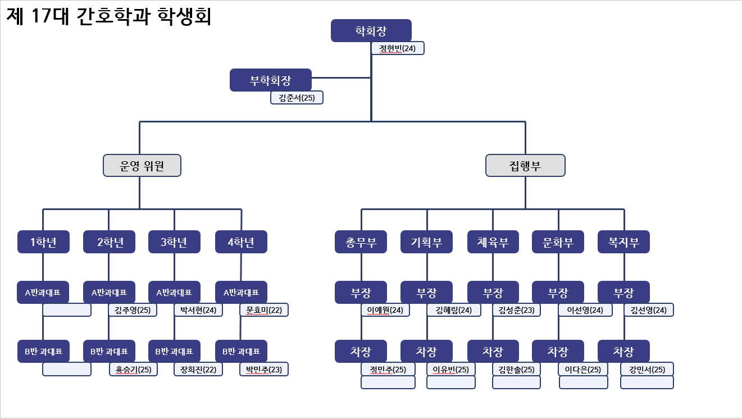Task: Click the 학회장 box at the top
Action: pyautogui.click(x=371, y=30)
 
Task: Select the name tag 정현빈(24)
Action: pyautogui.click(x=398, y=48)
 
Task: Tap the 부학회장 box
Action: pyautogui.click(x=270, y=80)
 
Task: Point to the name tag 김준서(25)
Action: pyautogui.click(x=297, y=98)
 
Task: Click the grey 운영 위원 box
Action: pyautogui.click(x=142, y=166)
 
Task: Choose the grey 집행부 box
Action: pyautogui.click(x=525, y=166)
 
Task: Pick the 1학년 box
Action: pyautogui.click(x=43, y=242)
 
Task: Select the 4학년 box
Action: pyautogui.click(x=241, y=242)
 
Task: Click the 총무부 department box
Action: pyautogui.click(x=361, y=242)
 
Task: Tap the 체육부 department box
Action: pyautogui.click(x=493, y=242)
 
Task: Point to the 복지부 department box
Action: pyautogui.click(x=623, y=242)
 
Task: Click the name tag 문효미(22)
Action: pyautogui.click(x=264, y=310)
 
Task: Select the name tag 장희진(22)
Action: pyautogui.click(x=198, y=369)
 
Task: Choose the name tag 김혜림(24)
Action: pyautogui.click(x=454, y=310)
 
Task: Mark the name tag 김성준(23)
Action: pyautogui.click(x=516, y=310)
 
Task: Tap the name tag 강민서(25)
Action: pyautogui.click(x=647, y=369)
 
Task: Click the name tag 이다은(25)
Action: pyautogui.click(x=584, y=369)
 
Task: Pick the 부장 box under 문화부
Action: pyautogui.click(x=558, y=293)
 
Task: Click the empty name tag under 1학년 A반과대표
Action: pyautogui.click(x=67, y=310)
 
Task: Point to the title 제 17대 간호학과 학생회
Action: pyautogui.click(x=109, y=17)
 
